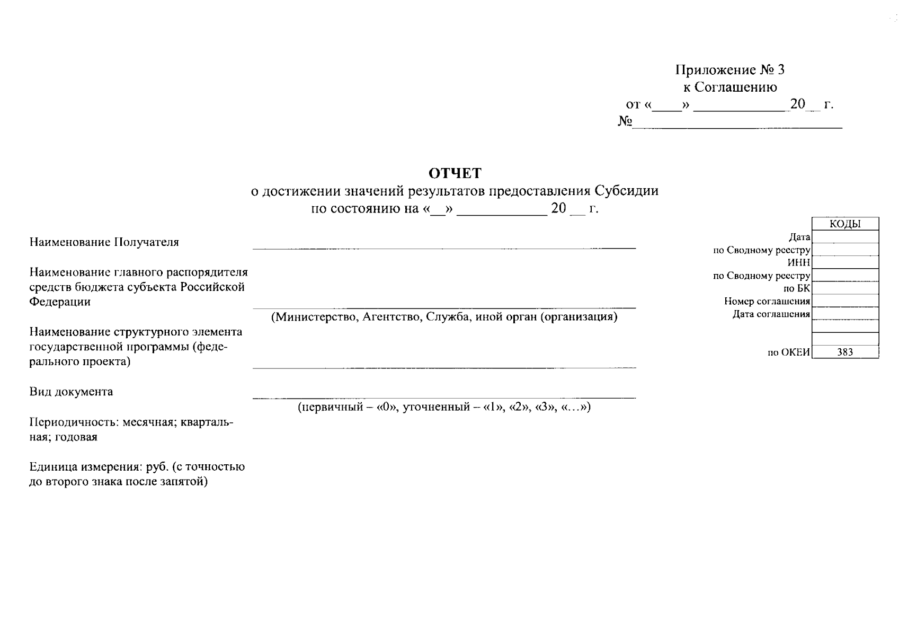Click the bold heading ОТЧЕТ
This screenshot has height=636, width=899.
point(455,173)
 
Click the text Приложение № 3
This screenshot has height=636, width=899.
point(729,70)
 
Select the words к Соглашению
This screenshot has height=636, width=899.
point(730,87)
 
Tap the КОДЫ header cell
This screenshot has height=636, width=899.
point(845,224)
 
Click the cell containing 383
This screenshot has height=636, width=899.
point(845,352)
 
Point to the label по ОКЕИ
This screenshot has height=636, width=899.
point(788,352)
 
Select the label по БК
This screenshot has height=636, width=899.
point(797,288)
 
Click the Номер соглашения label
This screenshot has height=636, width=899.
point(767,302)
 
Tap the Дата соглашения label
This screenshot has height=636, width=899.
point(771,314)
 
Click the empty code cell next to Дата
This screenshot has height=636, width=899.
point(845,237)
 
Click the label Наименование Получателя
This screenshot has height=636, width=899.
point(104,242)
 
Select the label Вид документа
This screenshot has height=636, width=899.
point(71,392)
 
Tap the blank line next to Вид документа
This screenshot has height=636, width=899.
point(444,396)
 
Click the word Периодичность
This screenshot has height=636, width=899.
point(74,422)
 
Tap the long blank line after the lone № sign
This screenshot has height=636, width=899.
point(737,126)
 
